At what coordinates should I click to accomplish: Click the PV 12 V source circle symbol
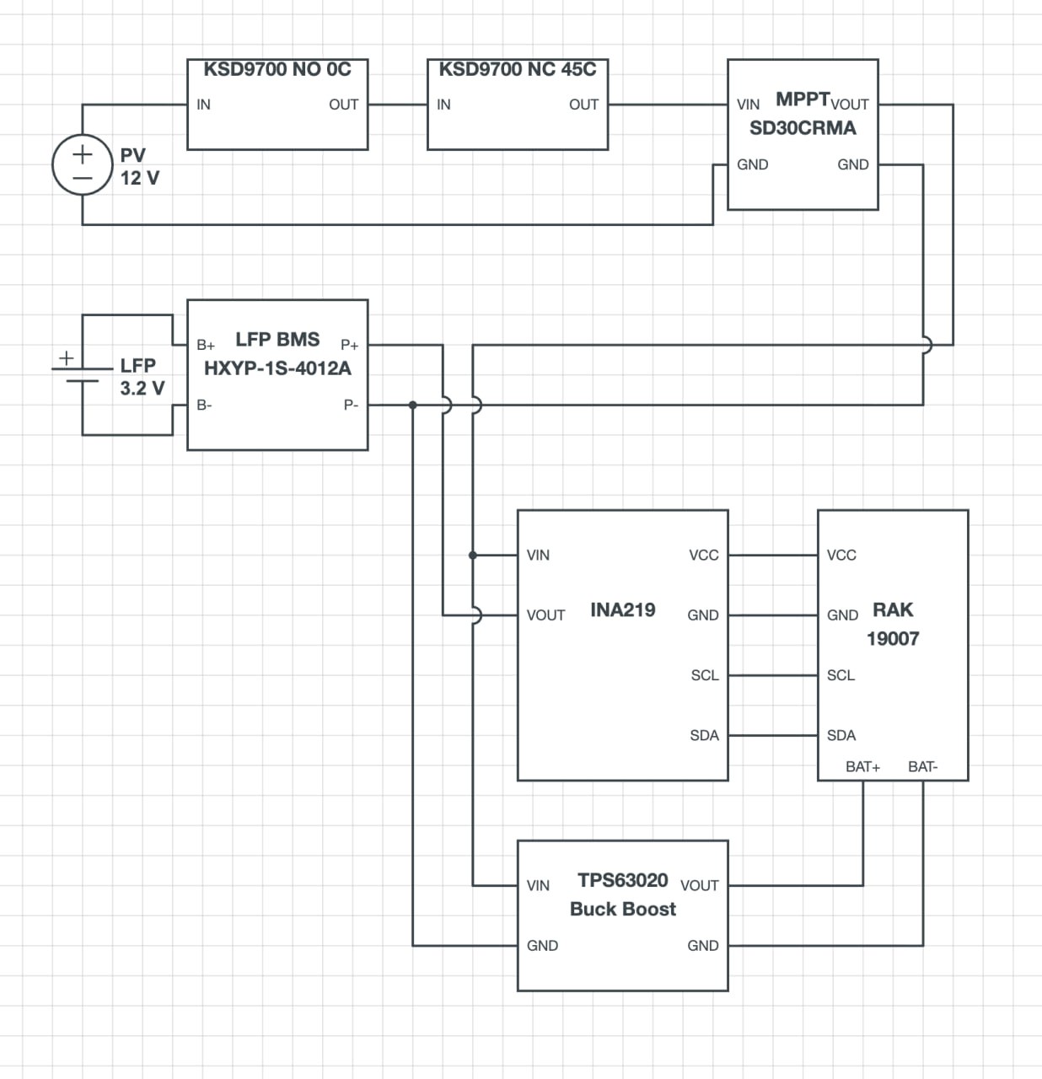(83, 165)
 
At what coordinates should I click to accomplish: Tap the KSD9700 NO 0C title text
(277, 70)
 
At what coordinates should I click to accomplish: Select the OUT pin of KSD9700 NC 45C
(583, 105)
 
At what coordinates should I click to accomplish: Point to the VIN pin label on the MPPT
(748, 105)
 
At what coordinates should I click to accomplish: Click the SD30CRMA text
(803, 128)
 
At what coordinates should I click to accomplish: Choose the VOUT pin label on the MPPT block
(850, 105)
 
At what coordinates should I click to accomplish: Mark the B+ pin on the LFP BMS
(206, 345)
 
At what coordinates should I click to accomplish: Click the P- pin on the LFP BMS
(351, 405)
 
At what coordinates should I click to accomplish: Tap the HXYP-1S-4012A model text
(277, 368)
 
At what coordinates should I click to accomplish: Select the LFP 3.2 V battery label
(141, 377)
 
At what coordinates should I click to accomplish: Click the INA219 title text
(622, 610)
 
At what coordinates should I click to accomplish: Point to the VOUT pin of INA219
(545, 615)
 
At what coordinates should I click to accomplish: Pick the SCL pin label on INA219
(705, 675)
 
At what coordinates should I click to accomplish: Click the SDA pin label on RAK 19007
(841, 735)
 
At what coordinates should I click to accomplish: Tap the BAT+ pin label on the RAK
(862, 766)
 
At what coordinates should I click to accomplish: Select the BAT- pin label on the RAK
(922, 766)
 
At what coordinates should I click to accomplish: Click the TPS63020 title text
(622, 881)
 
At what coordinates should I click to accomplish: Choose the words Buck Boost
(622, 910)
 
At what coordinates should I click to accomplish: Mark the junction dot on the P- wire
(413, 405)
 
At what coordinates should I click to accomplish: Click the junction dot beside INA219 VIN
(473, 556)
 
